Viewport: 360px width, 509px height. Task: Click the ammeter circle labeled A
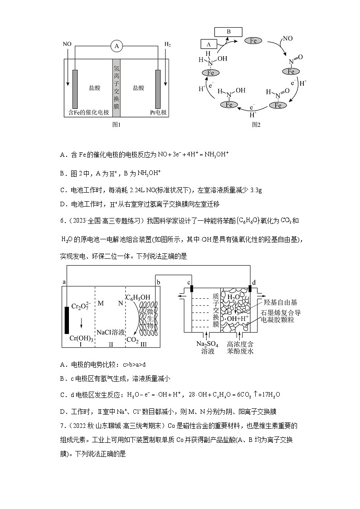(x=117, y=46)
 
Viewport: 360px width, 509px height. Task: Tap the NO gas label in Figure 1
(x=67, y=45)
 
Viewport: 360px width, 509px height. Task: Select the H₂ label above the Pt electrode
(x=167, y=45)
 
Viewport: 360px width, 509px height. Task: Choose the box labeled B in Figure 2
(x=229, y=32)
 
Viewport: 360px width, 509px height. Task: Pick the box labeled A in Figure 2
(x=209, y=44)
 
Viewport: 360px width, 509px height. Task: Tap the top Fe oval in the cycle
(x=253, y=41)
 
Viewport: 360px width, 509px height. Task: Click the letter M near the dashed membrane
(x=101, y=302)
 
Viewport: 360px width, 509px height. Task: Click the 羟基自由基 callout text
(x=287, y=302)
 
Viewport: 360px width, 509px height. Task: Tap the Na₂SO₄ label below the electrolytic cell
(x=207, y=344)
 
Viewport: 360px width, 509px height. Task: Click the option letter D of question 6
(x=62, y=412)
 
